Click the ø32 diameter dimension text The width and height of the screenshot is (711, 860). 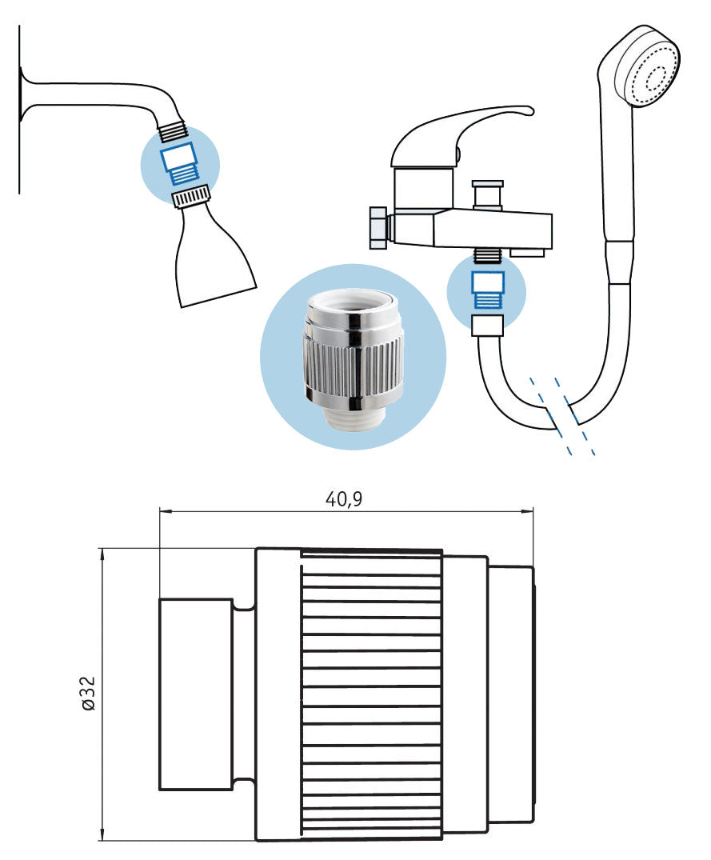click(88, 693)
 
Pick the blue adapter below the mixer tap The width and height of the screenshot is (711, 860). click(487, 290)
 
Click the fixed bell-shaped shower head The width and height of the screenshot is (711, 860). click(212, 256)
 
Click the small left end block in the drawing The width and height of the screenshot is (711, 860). click(196, 693)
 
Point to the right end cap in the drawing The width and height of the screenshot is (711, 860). click(510, 693)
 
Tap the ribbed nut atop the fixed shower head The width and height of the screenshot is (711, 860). click(191, 194)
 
